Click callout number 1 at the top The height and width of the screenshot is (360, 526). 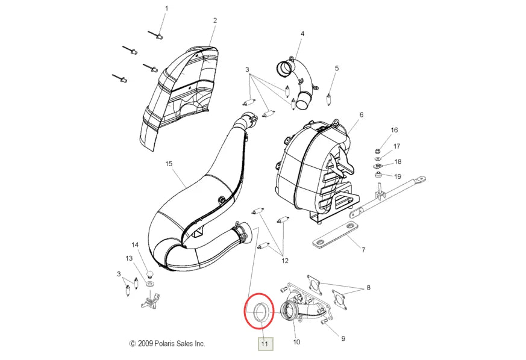pos(167,8)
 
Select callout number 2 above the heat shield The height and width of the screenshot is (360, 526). pos(215,20)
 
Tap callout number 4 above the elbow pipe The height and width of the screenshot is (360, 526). pos(302,34)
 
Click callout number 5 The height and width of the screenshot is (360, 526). pos(337,69)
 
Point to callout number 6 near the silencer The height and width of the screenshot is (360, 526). pos(362,114)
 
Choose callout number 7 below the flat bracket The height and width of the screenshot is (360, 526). pos(364,250)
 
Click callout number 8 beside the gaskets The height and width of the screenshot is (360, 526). pos(368,288)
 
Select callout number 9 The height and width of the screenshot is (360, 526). pos(343,339)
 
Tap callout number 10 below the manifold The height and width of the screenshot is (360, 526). pos(296,342)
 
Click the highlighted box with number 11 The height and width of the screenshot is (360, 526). pos(265,344)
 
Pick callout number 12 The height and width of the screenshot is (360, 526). pos(285,261)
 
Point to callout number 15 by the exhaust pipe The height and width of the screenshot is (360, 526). pos(169,164)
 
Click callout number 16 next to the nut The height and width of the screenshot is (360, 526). pos(394,130)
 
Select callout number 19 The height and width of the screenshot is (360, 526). pos(398,176)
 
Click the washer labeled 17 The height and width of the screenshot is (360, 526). pos(377,158)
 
